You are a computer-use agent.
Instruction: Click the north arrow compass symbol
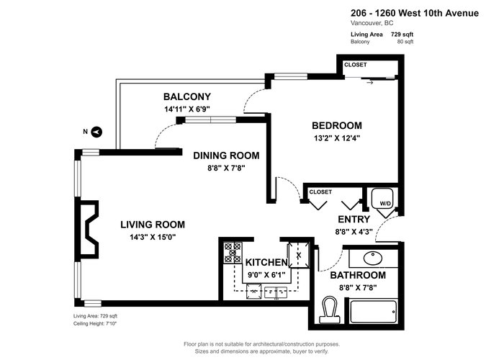[96, 132]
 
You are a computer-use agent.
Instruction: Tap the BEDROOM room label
[337, 125]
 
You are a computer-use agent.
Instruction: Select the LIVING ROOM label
[153, 225]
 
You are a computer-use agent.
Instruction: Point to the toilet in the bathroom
[330, 310]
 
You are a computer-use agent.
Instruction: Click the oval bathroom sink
[373, 258]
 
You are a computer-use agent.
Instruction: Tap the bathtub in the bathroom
[373, 312]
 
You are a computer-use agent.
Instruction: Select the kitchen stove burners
[233, 253]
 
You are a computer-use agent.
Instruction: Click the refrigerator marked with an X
[299, 255]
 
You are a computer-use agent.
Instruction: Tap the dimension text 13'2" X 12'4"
[337, 138]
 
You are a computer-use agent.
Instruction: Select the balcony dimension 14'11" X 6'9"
[187, 109]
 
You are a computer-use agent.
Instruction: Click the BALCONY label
[187, 96]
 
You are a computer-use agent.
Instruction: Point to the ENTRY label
[354, 219]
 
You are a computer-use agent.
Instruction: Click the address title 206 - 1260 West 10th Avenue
[415, 13]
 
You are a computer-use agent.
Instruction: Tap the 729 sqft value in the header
[402, 35]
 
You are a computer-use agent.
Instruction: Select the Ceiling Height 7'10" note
[95, 324]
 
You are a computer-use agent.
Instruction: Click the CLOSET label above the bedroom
[356, 65]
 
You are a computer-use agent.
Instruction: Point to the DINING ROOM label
[226, 156]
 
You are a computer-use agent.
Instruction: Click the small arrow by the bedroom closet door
[370, 83]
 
